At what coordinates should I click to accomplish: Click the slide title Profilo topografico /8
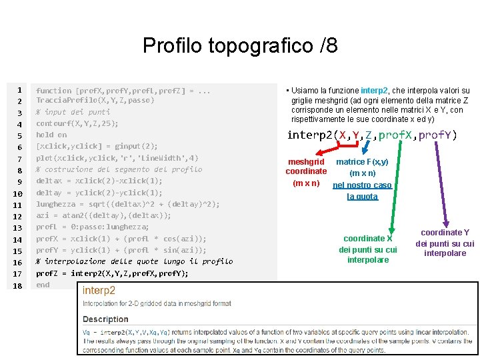[240, 46]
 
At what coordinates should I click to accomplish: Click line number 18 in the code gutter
[19, 285]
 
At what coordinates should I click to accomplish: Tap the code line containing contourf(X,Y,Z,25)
[77, 123]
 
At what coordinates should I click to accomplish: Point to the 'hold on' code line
[51, 135]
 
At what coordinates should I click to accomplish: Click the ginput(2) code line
[97, 146]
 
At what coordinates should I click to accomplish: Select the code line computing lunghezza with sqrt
[127, 204]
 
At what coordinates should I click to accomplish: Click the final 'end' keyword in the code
[43, 285]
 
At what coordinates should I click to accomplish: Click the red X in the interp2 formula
[343, 135]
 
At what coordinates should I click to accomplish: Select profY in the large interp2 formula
[437, 135]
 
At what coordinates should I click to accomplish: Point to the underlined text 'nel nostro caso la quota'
[362, 191]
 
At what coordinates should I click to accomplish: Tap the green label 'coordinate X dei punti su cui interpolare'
[368, 249]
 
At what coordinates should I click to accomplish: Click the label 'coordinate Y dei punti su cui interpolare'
[445, 243]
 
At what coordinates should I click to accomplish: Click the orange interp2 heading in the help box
[99, 291]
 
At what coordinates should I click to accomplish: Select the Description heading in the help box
[105, 319]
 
